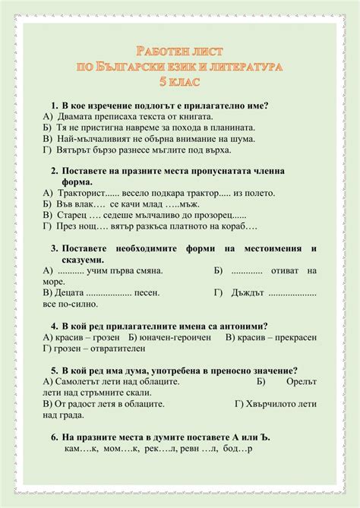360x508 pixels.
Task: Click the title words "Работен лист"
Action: tap(180, 51)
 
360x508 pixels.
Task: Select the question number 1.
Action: tap(55, 106)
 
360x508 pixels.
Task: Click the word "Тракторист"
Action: tap(81, 193)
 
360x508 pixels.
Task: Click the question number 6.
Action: tap(55, 437)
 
